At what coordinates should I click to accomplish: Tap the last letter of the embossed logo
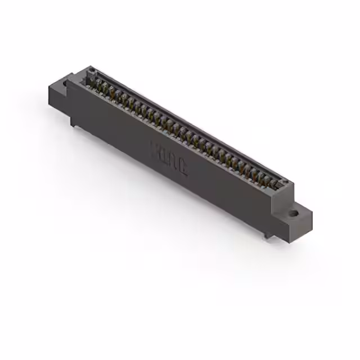pos(184,164)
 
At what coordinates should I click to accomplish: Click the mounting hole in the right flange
pos(294,213)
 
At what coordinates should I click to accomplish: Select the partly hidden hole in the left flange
pos(65,84)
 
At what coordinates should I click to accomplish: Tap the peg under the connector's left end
pos(74,120)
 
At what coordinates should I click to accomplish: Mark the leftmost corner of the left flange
pos(49,86)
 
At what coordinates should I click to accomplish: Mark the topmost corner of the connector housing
pos(89,66)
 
